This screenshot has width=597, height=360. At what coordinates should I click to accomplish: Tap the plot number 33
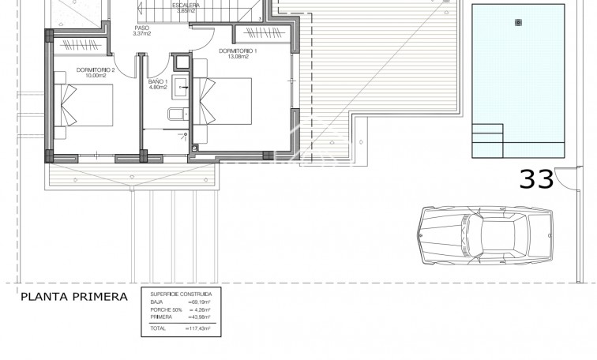click(x=537, y=179)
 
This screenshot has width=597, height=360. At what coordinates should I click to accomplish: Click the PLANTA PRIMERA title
click(x=74, y=297)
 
